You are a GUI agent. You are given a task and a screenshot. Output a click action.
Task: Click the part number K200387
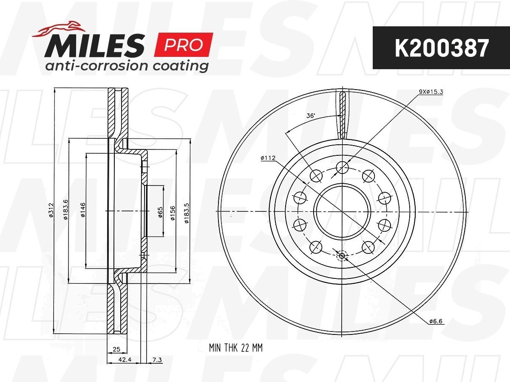(x=442, y=48)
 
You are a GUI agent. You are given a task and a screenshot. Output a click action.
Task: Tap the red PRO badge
(x=183, y=45)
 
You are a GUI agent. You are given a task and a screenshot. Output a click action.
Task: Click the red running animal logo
(x=59, y=29)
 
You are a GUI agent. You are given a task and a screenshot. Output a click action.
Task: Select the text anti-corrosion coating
(x=127, y=66)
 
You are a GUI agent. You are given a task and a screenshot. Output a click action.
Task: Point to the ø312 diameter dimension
(x=51, y=210)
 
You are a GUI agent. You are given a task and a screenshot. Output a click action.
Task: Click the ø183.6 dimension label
(x=66, y=210)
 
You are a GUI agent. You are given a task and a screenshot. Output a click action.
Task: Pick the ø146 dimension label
(x=83, y=210)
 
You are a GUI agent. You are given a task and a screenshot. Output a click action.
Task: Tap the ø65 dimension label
(x=160, y=212)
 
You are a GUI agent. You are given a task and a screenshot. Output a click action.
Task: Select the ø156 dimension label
(x=173, y=213)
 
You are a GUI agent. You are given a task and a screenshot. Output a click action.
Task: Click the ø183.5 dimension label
(x=187, y=213)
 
